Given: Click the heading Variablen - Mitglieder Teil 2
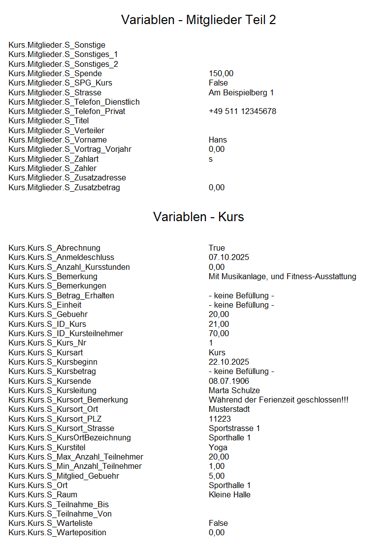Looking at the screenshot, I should (198, 20).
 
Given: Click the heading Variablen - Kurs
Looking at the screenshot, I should (198, 217).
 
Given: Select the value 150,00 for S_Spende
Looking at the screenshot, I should (221, 74).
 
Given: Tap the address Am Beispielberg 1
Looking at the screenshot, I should (241, 93).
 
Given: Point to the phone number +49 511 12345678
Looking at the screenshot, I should (242, 112).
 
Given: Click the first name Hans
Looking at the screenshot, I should (218, 140).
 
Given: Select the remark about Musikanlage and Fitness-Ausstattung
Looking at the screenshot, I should (282, 277).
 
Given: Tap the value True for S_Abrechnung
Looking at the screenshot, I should (217, 248).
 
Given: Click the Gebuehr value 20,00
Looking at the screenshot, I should (219, 315).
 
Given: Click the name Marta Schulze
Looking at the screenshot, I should (234, 391).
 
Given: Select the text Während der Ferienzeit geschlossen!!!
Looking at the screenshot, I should (278, 400).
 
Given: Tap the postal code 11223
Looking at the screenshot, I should (219, 419).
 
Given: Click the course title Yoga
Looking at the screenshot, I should (218, 448).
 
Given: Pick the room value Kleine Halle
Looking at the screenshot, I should (229, 495).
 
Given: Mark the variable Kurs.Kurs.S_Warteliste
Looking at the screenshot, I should (50, 523).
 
